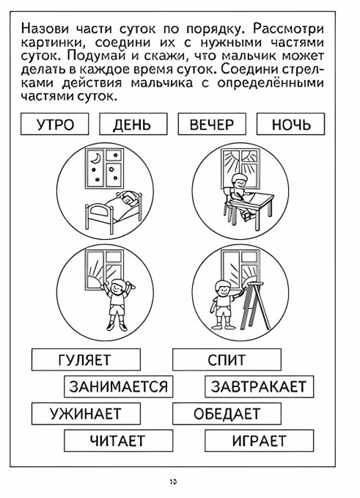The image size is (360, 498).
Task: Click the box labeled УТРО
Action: [54, 124]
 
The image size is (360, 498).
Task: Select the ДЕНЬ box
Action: [133, 124]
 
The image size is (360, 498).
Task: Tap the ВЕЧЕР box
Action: [212, 124]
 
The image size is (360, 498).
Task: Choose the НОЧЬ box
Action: [290, 124]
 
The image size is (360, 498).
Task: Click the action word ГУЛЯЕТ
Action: [86, 359]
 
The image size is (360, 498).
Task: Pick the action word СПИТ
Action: [227, 359]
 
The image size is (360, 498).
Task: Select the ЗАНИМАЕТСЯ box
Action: [119, 387]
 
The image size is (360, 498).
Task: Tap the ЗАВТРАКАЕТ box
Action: [259, 387]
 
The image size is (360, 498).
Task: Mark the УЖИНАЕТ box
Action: [86, 414]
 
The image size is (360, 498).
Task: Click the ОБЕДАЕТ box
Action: [227, 414]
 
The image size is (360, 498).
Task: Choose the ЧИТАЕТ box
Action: [119, 441]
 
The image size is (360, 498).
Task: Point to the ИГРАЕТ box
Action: [259, 441]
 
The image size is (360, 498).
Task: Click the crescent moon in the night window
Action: [95, 158]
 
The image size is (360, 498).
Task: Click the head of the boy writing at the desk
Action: [238, 180]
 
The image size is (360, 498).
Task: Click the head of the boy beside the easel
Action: [221, 288]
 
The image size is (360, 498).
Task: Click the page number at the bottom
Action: [173, 482]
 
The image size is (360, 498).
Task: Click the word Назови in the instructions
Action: [45, 29]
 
